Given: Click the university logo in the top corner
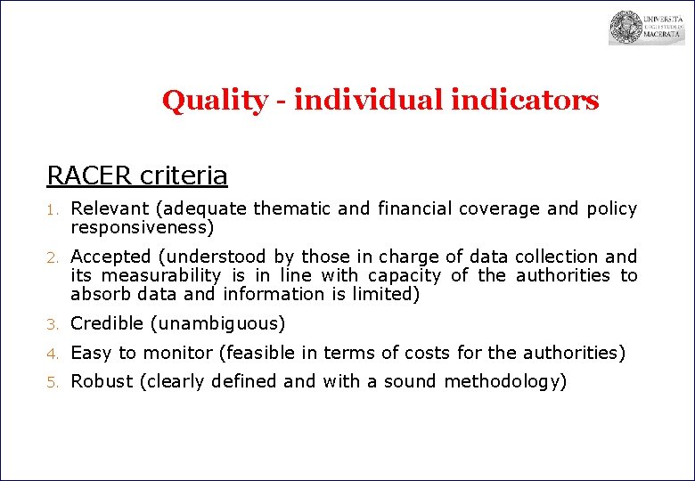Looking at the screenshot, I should (x=646, y=28).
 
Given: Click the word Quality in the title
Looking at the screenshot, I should (x=213, y=101).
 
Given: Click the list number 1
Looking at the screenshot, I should (x=52, y=210).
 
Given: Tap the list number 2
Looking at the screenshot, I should (x=52, y=258).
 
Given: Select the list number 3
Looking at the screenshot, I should (x=52, y=324).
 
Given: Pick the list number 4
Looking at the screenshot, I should (x=52, y=354).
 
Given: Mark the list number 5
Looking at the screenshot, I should (x=52, y=383).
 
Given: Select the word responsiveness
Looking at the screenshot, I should (x=139, y=228).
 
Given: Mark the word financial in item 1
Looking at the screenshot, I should (x=414, y=209).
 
